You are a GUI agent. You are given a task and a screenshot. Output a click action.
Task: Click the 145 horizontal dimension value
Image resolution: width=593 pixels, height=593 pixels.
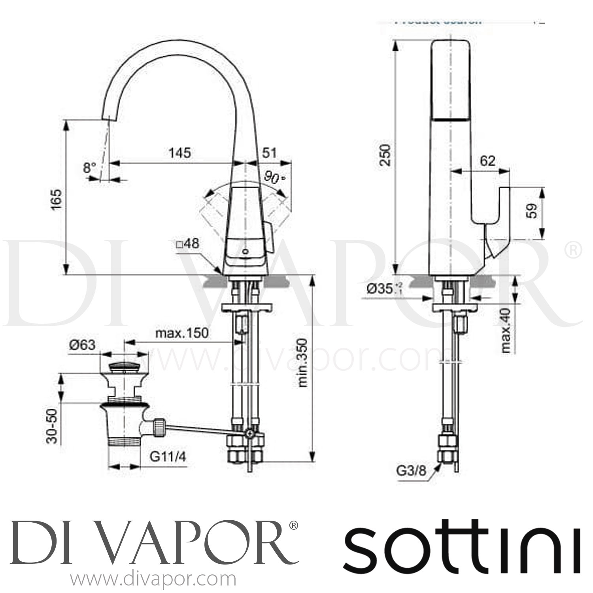coord(180,153)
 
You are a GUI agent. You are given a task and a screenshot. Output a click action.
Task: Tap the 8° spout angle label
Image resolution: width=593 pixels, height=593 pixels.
coord(90,168)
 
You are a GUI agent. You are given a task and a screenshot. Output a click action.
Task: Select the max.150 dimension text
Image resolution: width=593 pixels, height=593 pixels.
coord(181,333)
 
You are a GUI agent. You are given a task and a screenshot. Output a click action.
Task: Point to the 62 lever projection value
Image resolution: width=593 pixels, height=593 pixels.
coord(487,161)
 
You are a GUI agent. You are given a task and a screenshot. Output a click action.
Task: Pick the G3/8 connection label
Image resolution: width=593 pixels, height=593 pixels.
coord(413,471)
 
